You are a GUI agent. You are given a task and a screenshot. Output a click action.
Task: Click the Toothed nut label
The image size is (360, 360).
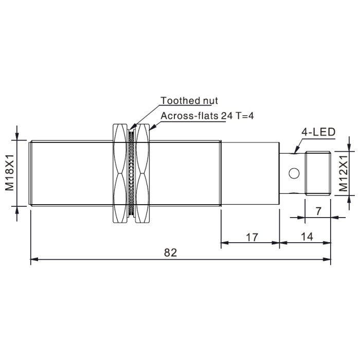(189, 101)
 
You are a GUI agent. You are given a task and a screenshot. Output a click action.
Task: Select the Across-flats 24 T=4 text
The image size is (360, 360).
(207, 116)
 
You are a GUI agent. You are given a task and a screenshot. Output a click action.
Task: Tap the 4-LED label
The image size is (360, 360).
(318, 132)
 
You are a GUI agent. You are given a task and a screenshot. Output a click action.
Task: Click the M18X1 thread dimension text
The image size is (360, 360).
(10, 173)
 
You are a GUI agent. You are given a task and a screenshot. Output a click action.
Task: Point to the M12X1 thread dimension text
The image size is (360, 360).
(344, 173)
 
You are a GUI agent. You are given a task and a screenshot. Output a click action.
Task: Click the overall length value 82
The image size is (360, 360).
(171, 253)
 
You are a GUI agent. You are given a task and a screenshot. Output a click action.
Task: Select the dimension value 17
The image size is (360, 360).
(252, 238)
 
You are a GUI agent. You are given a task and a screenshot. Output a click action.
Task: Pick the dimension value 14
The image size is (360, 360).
(307, 237)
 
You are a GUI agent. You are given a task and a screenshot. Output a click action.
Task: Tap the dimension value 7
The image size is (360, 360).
(318, 211)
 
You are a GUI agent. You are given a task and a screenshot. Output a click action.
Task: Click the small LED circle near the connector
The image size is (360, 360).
(294, 173)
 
